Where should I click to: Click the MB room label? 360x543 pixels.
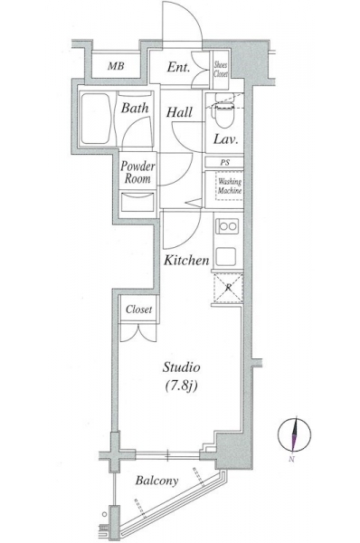click(116, 66)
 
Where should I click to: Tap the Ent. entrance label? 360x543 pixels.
click(178, 67)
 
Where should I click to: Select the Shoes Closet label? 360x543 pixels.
click(221, 70)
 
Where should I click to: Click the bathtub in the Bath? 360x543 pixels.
click(96, 119)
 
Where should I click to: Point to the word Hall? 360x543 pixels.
click(179, 112)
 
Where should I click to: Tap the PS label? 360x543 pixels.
click(225, 162)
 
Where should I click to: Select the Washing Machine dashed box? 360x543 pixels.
click(229, 186)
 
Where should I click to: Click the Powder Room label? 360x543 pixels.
click(137, 172)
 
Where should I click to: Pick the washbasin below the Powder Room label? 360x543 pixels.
click(137, 202)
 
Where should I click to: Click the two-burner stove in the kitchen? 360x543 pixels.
click(228, 226)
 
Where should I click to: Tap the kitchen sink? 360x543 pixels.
click(226, 257)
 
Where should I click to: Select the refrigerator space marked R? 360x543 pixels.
click(228, 288)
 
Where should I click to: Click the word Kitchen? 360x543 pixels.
click(186, 260)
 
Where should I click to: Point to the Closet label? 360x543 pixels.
click(138, 310)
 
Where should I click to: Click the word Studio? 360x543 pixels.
click(182, 367)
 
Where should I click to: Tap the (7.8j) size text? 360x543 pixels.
click(182, 386)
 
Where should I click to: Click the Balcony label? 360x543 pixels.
click(156, 481)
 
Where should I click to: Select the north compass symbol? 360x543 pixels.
click(294, 435)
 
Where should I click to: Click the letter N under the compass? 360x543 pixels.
click(292, 460)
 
